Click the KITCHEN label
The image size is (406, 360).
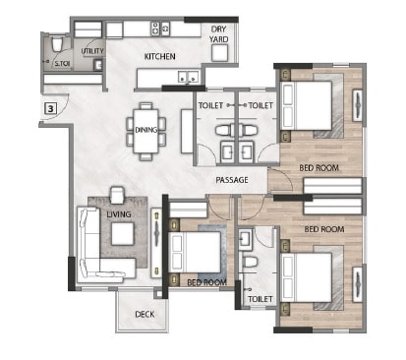point(160,56)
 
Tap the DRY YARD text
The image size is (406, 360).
point(219,34)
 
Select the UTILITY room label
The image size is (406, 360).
point(92,50)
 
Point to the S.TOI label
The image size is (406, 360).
point(62,65)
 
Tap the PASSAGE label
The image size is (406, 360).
point(232,180)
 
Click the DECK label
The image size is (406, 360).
point(145,316)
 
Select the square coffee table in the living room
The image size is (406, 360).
point(122,233)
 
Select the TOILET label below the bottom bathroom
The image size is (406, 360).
point(260,298)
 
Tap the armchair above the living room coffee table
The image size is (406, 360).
point(118,196)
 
